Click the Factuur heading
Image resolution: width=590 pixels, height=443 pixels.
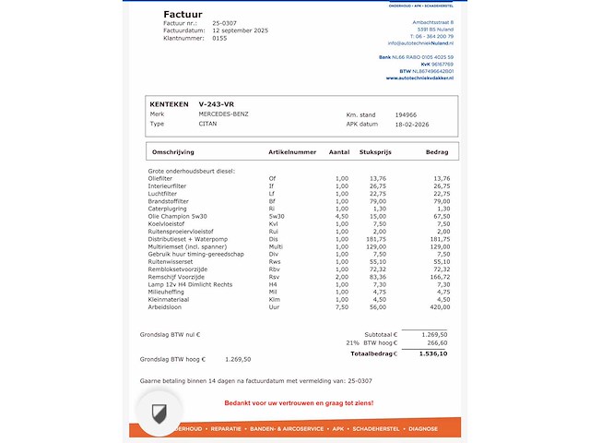pos(182,14)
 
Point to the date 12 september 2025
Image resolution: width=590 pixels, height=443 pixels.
pos(240,30)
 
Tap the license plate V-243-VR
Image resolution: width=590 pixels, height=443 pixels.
pos(215,104)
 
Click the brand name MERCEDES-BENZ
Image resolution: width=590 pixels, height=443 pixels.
pos(223,114)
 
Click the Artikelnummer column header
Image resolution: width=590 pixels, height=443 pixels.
pos(291,151)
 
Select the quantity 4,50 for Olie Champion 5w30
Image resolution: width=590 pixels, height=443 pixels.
pos(341,216)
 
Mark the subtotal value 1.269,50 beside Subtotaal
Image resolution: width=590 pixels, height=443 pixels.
pos(434,334)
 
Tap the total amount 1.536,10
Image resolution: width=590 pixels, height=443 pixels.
pos(433,353)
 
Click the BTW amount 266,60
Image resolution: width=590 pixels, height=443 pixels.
pos(436,342)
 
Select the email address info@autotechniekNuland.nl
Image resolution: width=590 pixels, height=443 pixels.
pos(426,43)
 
